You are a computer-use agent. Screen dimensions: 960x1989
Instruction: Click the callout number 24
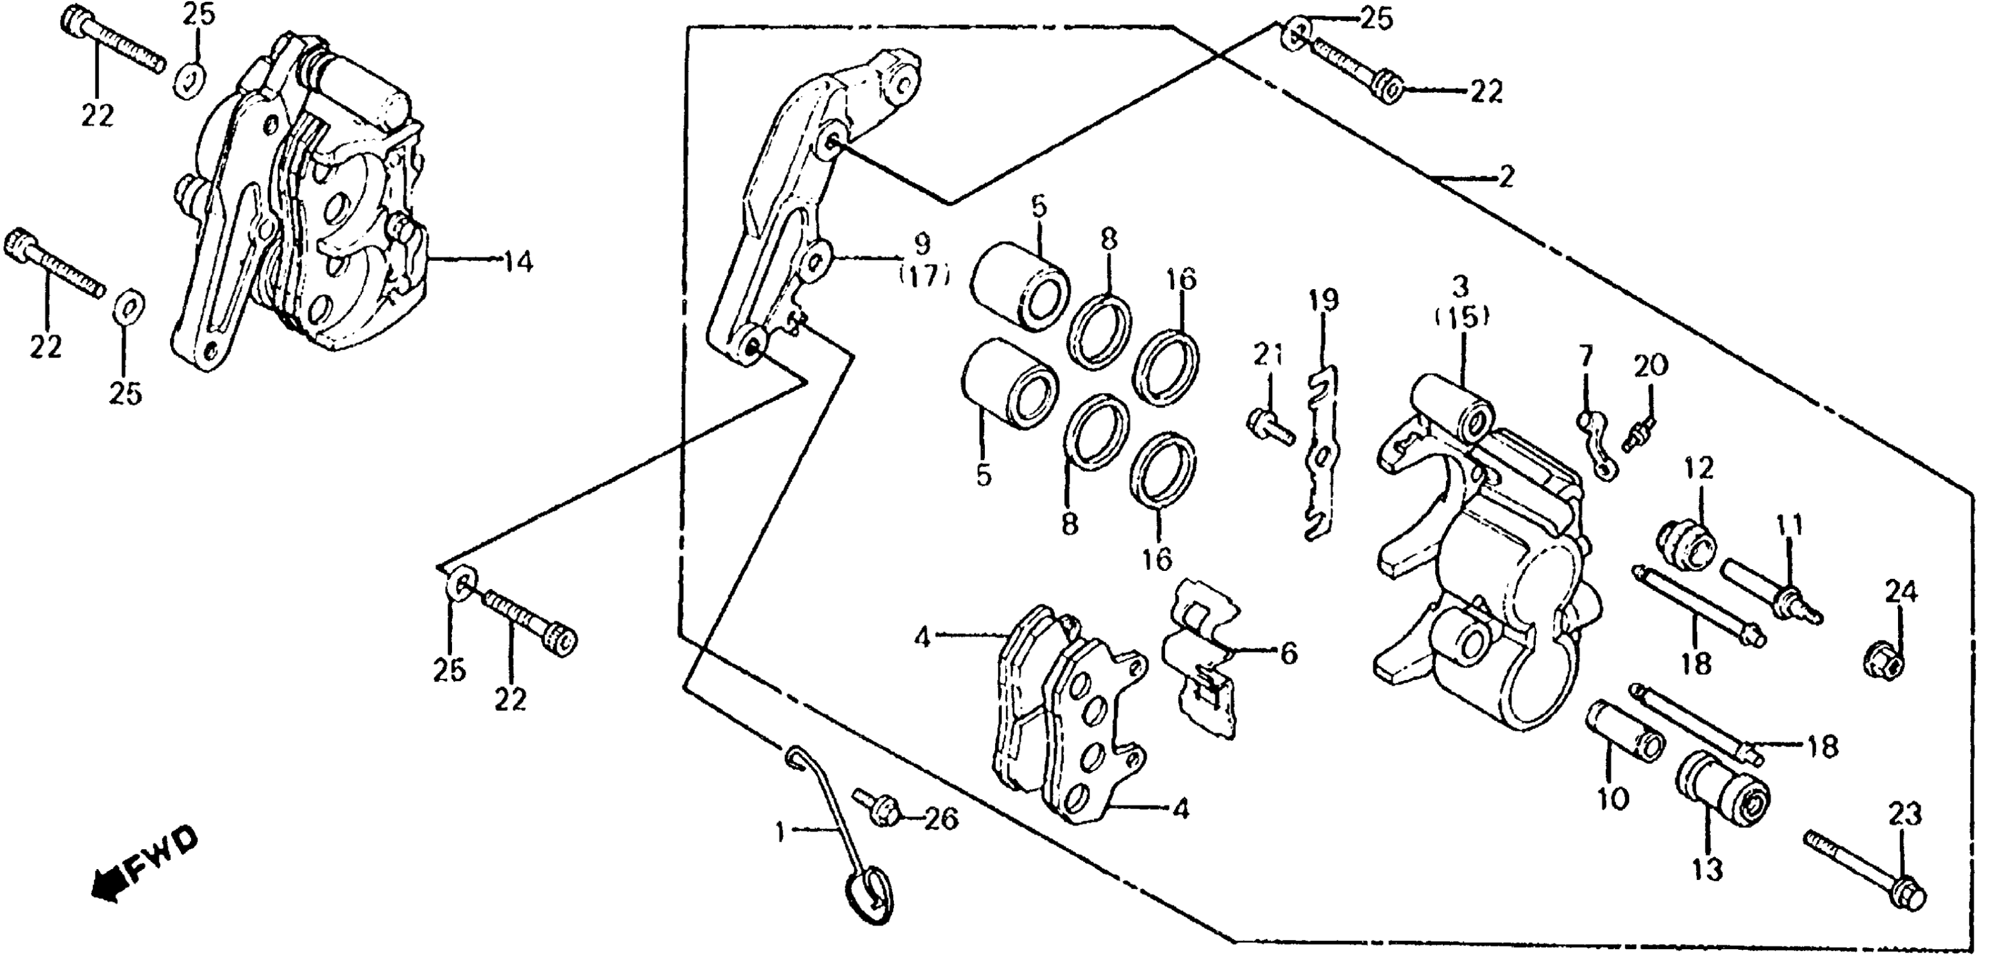tap(1901, 593)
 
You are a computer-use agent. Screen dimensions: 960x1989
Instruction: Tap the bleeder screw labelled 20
tap(1639, 436)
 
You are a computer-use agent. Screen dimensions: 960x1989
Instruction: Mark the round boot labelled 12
tap(1686, 544)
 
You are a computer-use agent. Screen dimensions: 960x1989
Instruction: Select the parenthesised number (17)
tap(923, 276)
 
